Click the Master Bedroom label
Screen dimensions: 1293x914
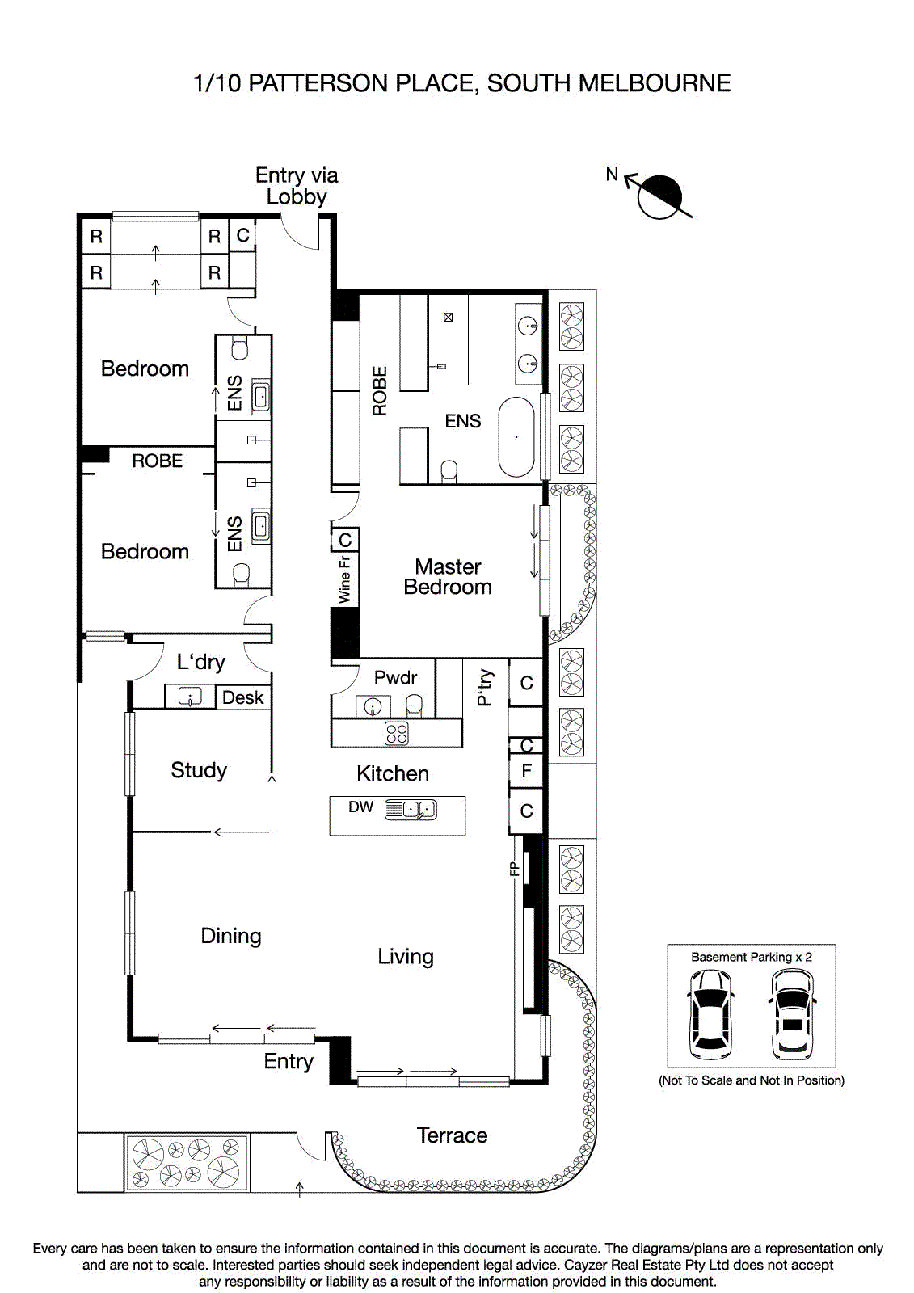[448, 577]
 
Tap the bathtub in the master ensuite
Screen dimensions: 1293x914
[516, 436]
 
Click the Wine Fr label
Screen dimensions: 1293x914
[344, 579]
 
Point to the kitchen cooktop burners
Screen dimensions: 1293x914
[397, 733]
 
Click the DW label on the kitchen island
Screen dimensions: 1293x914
[360, 807]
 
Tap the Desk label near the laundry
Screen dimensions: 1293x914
[242, 697]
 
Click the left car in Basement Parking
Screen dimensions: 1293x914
[710, 1014]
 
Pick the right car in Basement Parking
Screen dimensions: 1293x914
[792, 1014]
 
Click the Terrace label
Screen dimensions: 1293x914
[452, 1135]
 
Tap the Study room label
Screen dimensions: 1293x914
[199, 770]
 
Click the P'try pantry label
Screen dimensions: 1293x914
[485, 687]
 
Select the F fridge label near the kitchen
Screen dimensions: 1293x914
[526, 771]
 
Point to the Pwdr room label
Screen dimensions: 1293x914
[395, 677]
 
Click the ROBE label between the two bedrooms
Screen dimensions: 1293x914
[157, 461]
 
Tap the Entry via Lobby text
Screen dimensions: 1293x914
[297, 186]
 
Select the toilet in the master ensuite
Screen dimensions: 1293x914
[449, 471]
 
